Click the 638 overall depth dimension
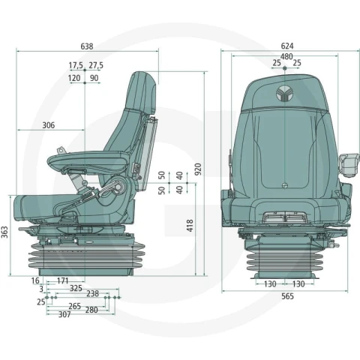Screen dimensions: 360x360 pyautogui.click(x=87, y=46)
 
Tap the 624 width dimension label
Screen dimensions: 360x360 pyautogui.click(x=287, y=46)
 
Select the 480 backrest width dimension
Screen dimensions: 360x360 pyautogui.click(x=286, y=57)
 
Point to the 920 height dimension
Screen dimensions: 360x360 pyautogui.click(x=198, y=169)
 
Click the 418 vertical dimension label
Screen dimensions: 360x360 pyautogui.click(x=190, y=226)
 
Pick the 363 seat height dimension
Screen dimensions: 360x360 pyautogui.click(x=4, y=232)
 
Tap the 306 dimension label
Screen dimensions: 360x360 pyautogui.click(x=49, y=125)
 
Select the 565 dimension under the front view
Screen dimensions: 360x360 pyautogui.click(x=287, y=296)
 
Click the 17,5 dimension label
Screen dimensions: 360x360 pyautogui.click(x=76, y=65)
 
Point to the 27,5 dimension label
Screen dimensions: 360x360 pyautogui.click(x=96, y=65)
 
